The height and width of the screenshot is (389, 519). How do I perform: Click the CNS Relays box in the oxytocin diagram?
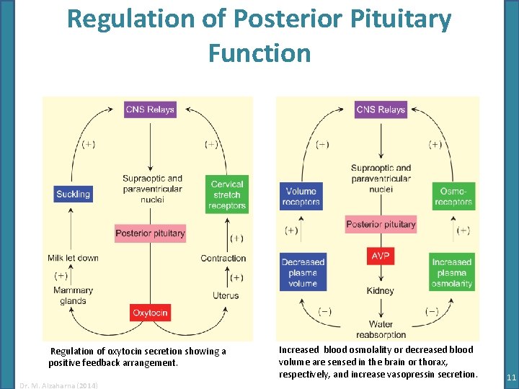click(x=150, y=109)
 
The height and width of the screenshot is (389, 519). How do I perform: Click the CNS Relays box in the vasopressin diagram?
click(x=381, y=109)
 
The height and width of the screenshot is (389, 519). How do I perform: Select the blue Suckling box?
click(x=74, y=194)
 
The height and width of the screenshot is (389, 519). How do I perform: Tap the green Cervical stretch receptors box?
click(x=227, y=194)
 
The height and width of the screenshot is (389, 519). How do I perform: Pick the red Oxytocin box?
click(x=150, y=313)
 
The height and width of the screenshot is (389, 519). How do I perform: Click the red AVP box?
click(x=381, y=256)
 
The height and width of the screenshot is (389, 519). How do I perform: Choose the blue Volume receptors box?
click(x=301, y=197)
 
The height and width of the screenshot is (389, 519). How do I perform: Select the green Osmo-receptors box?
click(x=453, y=197)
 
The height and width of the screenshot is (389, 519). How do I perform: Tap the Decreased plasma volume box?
click(x=303, y=272)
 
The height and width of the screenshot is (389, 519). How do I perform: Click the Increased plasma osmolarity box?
click(x=452, y=272)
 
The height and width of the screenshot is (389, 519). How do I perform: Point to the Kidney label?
click(x=380, y=291)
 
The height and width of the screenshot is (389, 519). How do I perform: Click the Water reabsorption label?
click(x=381, y=329)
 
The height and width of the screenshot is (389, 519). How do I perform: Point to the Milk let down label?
click(x=73, y=258)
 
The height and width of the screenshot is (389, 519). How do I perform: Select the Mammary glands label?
click(x=73, y=296)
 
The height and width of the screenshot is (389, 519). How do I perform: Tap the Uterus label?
click(x=226, y=296)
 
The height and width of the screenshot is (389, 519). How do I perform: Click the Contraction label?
click(x=223, y=258)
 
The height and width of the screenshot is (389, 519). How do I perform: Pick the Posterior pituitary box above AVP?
click(x=381, y=224)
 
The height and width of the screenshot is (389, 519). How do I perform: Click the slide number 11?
click(x=511, y=377)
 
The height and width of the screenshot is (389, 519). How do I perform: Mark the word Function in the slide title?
click(x=259, y=53)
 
